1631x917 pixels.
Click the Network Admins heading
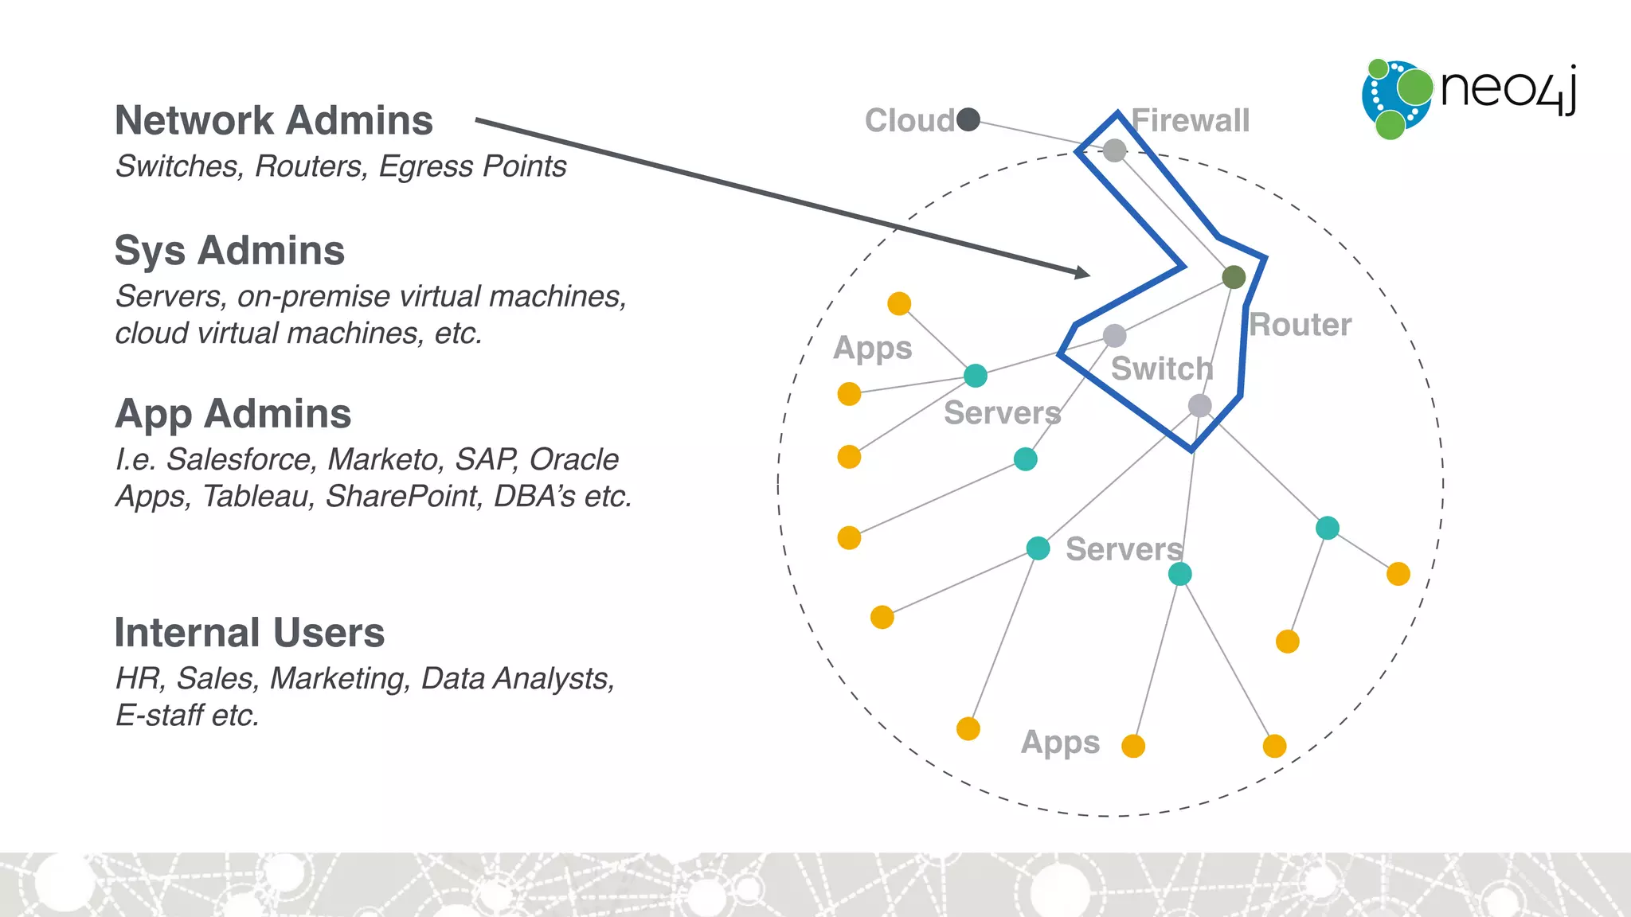(274, 121)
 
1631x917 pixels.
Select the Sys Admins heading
(229, 251)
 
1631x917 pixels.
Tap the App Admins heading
(233, 414)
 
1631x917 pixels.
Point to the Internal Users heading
(249, 633)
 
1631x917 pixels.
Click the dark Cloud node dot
(968, 119)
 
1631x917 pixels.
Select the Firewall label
(1191, 121)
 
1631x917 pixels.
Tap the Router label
(1300, 325)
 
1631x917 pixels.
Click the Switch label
(1162, 369)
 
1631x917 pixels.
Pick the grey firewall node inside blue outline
(1114, 150)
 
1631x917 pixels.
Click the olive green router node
(1234, 277)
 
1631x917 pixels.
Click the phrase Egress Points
(472, 166)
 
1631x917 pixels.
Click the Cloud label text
(909, 121)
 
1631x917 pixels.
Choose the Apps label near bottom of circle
(1060, 742)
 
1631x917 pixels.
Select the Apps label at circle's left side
(872, 349)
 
